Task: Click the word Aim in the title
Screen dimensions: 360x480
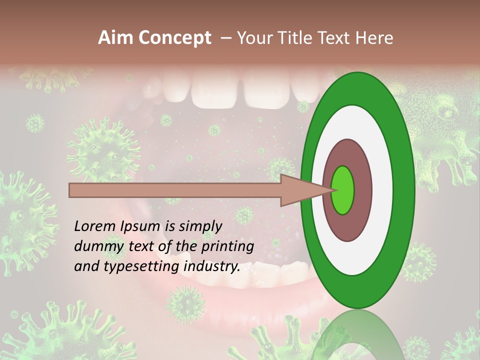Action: [x=116, y=38]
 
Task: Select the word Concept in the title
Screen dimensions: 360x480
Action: [x=174, y=38]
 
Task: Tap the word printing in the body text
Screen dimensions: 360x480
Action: [x=227, y=246]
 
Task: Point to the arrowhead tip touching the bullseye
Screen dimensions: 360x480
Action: [x=331, y=190]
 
